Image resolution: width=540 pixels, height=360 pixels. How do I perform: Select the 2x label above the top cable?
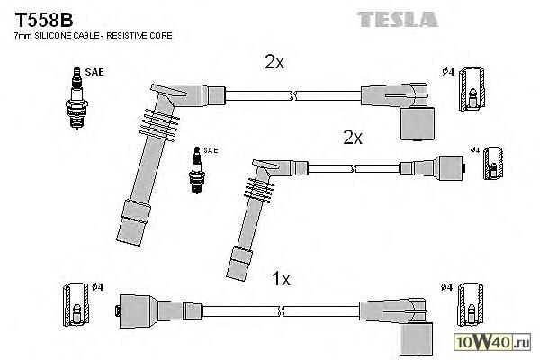[274, 62]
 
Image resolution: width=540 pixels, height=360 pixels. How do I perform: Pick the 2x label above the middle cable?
[352, 138]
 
